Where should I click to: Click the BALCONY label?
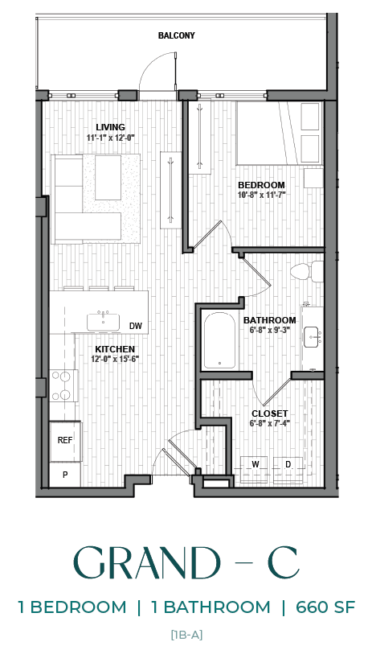(x=176, y=35)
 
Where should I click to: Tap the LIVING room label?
(x=110, y=127)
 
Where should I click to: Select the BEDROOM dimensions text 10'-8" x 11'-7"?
(x=262, y=195)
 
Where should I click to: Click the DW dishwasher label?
(x=136, y=326)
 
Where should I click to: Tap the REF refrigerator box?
(x=65, y=440)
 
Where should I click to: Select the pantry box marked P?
(x=65, y=475)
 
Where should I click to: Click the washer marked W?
(x=255, y=466)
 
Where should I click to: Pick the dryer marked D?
(x=288, y=466)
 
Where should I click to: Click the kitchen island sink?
(x=103, y=322)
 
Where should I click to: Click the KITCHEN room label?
(x=115, y=348)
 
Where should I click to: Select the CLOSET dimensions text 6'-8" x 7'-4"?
(x=269, y=424)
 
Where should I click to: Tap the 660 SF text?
(x=325, y=607)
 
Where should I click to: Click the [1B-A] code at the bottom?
(x=186, y=635)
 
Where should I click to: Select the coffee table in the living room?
(x=108, y=178)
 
